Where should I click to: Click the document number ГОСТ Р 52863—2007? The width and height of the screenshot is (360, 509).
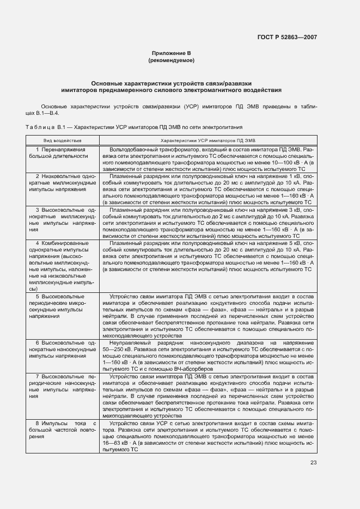286,38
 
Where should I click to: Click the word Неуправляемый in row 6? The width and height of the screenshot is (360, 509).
130,342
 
